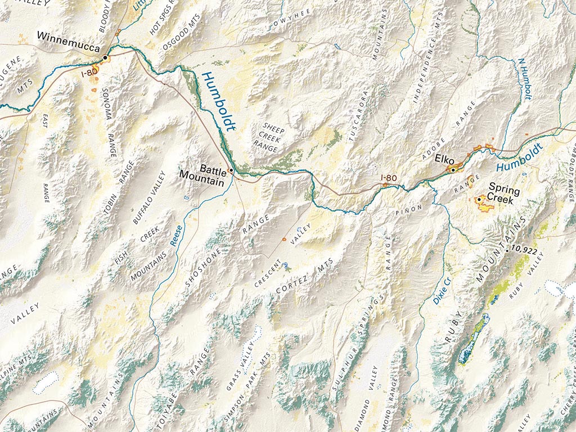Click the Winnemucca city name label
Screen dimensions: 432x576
(68, 36)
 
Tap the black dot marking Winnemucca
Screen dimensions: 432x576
(105, 57)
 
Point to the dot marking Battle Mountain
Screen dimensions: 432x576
(231, 170)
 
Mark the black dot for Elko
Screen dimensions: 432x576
(453, 169)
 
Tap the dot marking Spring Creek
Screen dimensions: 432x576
(479, 199)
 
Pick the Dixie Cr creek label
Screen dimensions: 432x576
(440, 291)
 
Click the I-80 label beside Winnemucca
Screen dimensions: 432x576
(89, 73)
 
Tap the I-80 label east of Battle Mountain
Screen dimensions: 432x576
(389, 178)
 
